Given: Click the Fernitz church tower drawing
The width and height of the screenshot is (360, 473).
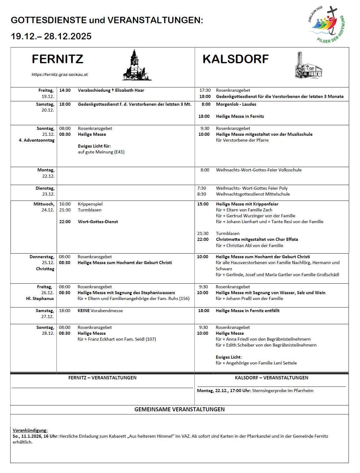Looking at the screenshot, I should click(x=136, y=66).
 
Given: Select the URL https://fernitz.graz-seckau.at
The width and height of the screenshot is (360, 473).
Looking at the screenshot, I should click(x=59, y=75).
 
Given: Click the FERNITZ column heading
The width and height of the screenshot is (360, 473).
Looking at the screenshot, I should click(x=58, y=59).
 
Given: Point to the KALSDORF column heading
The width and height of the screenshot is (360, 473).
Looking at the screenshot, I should click(x=235, y=59).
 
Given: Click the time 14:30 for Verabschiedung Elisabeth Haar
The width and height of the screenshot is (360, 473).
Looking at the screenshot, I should click(x=65, y=90).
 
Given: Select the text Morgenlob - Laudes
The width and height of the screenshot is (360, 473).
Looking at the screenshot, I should click(x=236, y=104).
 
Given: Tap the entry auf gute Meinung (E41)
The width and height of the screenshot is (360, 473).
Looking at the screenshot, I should click(x=101, y=152).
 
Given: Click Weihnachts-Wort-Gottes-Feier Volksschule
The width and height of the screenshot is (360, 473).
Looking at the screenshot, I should click(x=258, y=170).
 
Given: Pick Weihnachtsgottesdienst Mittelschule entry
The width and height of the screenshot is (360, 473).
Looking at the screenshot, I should click(x=253, y=194).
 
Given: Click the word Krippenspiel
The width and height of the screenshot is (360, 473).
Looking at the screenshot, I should click(x=90, y=204).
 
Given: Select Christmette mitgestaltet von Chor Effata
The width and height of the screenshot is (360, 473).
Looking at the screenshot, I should click(x=257, y=239).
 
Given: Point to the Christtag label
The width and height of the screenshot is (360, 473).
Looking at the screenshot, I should click(x=45, y=269).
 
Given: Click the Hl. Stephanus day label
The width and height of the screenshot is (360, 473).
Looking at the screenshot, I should click(x=40, y=298).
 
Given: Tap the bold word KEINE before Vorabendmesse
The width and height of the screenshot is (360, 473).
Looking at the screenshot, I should click(x=83, y=311).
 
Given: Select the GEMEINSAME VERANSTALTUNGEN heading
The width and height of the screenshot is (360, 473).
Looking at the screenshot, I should click(x=179, y=409).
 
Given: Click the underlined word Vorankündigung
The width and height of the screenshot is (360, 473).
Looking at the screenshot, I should click(x=30, y=430).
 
